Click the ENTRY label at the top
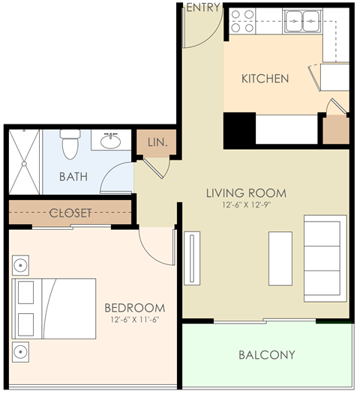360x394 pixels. (x=202, y=7)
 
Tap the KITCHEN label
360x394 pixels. (x=265, y=79)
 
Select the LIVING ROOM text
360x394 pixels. (x=246, y=193)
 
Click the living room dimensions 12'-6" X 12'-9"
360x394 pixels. (x=246, y=205)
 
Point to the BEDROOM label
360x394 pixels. (x=134, y=308)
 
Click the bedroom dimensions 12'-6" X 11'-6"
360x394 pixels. (x=134, y=320)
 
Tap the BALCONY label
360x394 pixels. (x=266, y=355)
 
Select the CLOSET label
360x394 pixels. (x=70, y=213)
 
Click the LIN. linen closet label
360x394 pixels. (x=157, y=142)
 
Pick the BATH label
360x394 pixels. (x=73, y=177)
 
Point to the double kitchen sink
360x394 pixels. (x=304, y=20)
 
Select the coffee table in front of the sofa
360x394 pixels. (x=280, y=257)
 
